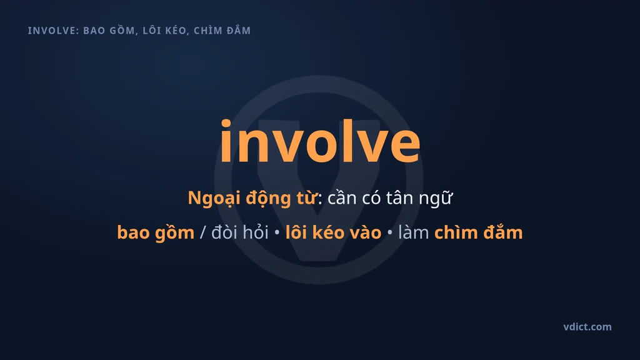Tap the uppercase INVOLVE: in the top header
(x=54, y=31)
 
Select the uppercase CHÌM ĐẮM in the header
(x=222, y=30)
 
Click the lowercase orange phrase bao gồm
(x=156, y=233)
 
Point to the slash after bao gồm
(x=203, y=233)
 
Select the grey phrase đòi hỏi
(x=240, y=232)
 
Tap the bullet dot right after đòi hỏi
(x=277, y=232)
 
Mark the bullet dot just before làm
(x=390, y=232)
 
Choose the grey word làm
(x=414, y=232)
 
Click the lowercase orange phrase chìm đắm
(x=478, y=232)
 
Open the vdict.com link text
(x=587, y=327)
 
